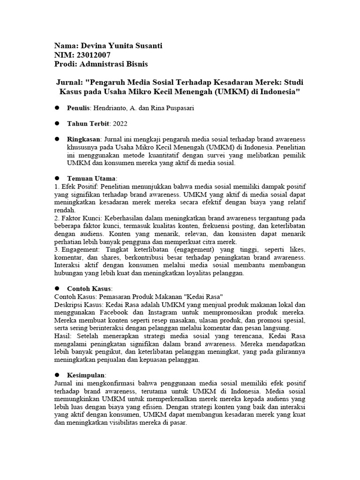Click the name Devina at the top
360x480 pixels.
click(94, 45)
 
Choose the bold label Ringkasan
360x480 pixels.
click(83, 139)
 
